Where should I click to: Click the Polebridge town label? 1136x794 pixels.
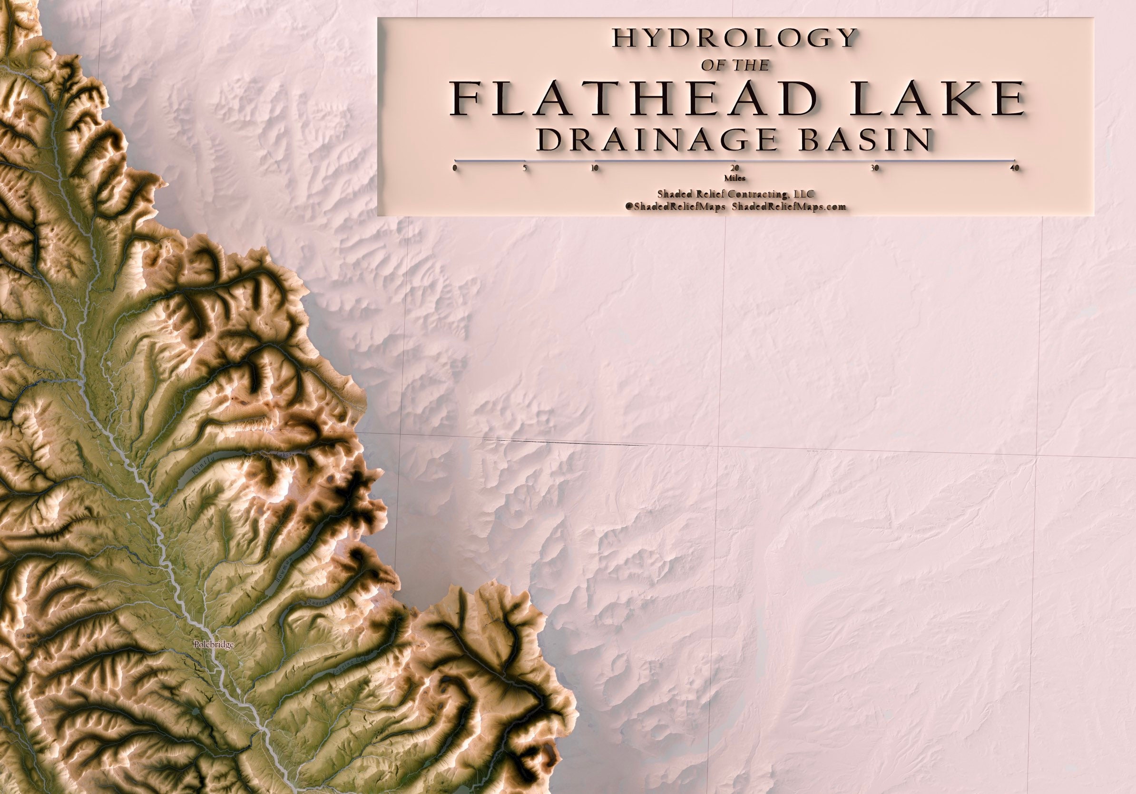214,645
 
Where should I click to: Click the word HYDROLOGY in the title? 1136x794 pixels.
735,38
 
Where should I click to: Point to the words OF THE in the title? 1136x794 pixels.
735,65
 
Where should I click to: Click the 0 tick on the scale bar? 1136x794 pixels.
454,168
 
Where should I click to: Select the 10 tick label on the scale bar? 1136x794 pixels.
595,168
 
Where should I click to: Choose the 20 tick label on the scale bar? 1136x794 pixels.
735,168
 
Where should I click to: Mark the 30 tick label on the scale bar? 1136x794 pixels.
875,168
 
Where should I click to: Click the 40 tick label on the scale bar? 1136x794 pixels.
1015,168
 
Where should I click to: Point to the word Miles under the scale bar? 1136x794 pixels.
735,178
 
